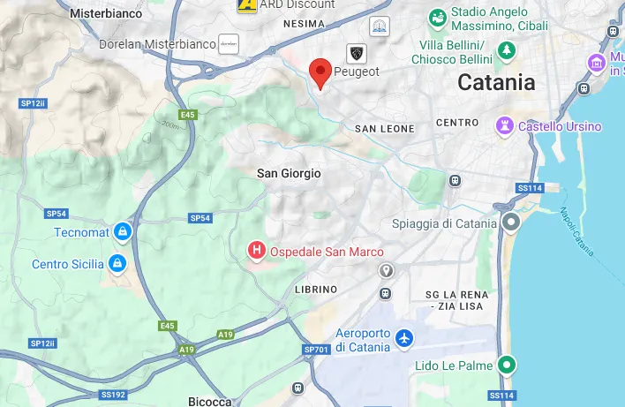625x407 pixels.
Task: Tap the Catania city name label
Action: pyautogui.click(x=496, y=82)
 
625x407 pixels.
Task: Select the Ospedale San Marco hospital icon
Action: pyautogui.click(x=256, y=251)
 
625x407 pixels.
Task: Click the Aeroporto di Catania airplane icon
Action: pyautogui.click(x=404, y=338)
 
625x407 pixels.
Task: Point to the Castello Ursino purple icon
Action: pyautogui.click(x=504, y=125)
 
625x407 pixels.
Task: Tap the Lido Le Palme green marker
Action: pyautogui.click(x=506, y=365)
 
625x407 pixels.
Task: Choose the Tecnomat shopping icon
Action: pyautogui.click(x=123, y=231)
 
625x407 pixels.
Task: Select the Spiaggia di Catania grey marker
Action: pyautogui.click(x=510, y=222)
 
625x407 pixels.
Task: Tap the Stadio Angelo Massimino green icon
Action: pyautogui.click(x=437, y=18)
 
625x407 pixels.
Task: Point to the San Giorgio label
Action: pyautogui.click(x=289, y=174)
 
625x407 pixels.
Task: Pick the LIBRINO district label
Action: pyautogui.click(x=316, y=290)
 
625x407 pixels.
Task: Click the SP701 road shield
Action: pyautogui.click(x=316, y=350)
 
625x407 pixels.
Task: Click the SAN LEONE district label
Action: pyautogui.click(x=384, y=129)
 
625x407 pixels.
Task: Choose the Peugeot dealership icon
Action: pyautogui.click(x=356, y=53)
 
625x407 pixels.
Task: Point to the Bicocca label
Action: pyautogui.click(x=210, y=401)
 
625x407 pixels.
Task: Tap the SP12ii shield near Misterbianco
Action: pyautogui.click(x=33, y=103)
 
